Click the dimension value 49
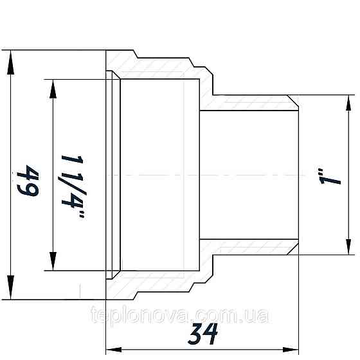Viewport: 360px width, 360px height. click(x=28, y=181)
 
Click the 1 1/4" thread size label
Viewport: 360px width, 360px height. click(x=73, y=186)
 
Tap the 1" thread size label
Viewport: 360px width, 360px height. click(x=330, y=177)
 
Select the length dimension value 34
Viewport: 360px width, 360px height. click(x=203, y=334)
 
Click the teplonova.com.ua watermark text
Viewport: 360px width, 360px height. click(x=179, y=315)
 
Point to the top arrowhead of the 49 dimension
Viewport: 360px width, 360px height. click(x=10, y=62)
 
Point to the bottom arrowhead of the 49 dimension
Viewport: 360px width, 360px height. click(x=10, y=287)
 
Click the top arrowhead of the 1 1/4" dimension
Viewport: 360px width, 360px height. click(x=53, y=89)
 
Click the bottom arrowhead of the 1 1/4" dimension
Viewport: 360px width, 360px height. click(x=53, y=261)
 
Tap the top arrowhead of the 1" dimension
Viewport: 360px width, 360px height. click(x=348, y=104)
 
